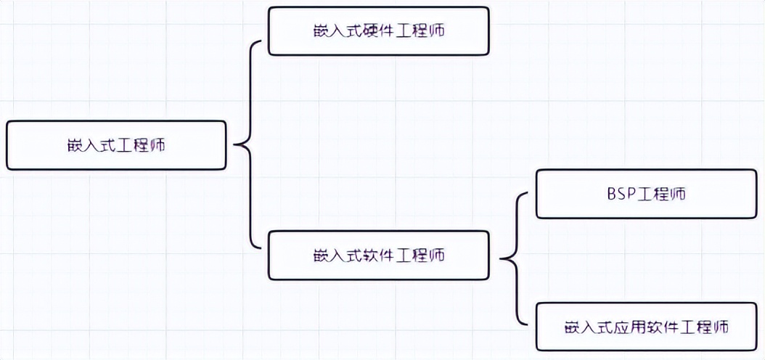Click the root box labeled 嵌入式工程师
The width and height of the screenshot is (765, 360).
[x=116, y=145]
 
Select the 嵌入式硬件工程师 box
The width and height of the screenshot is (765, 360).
[x=377, y=31]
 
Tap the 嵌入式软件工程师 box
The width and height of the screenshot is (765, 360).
[x=377, y=255]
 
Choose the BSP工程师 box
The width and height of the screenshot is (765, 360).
[x=646, y=194]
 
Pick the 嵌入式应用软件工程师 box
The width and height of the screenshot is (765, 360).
[x=646, y=327]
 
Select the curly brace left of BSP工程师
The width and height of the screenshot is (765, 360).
[x=517, y=258]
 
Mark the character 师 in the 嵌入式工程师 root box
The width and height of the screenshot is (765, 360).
[x=157, y=145]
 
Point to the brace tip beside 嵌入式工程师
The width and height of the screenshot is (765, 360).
[x=234, y=145]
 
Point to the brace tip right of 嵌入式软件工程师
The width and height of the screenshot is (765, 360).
[x=502, y=258]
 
